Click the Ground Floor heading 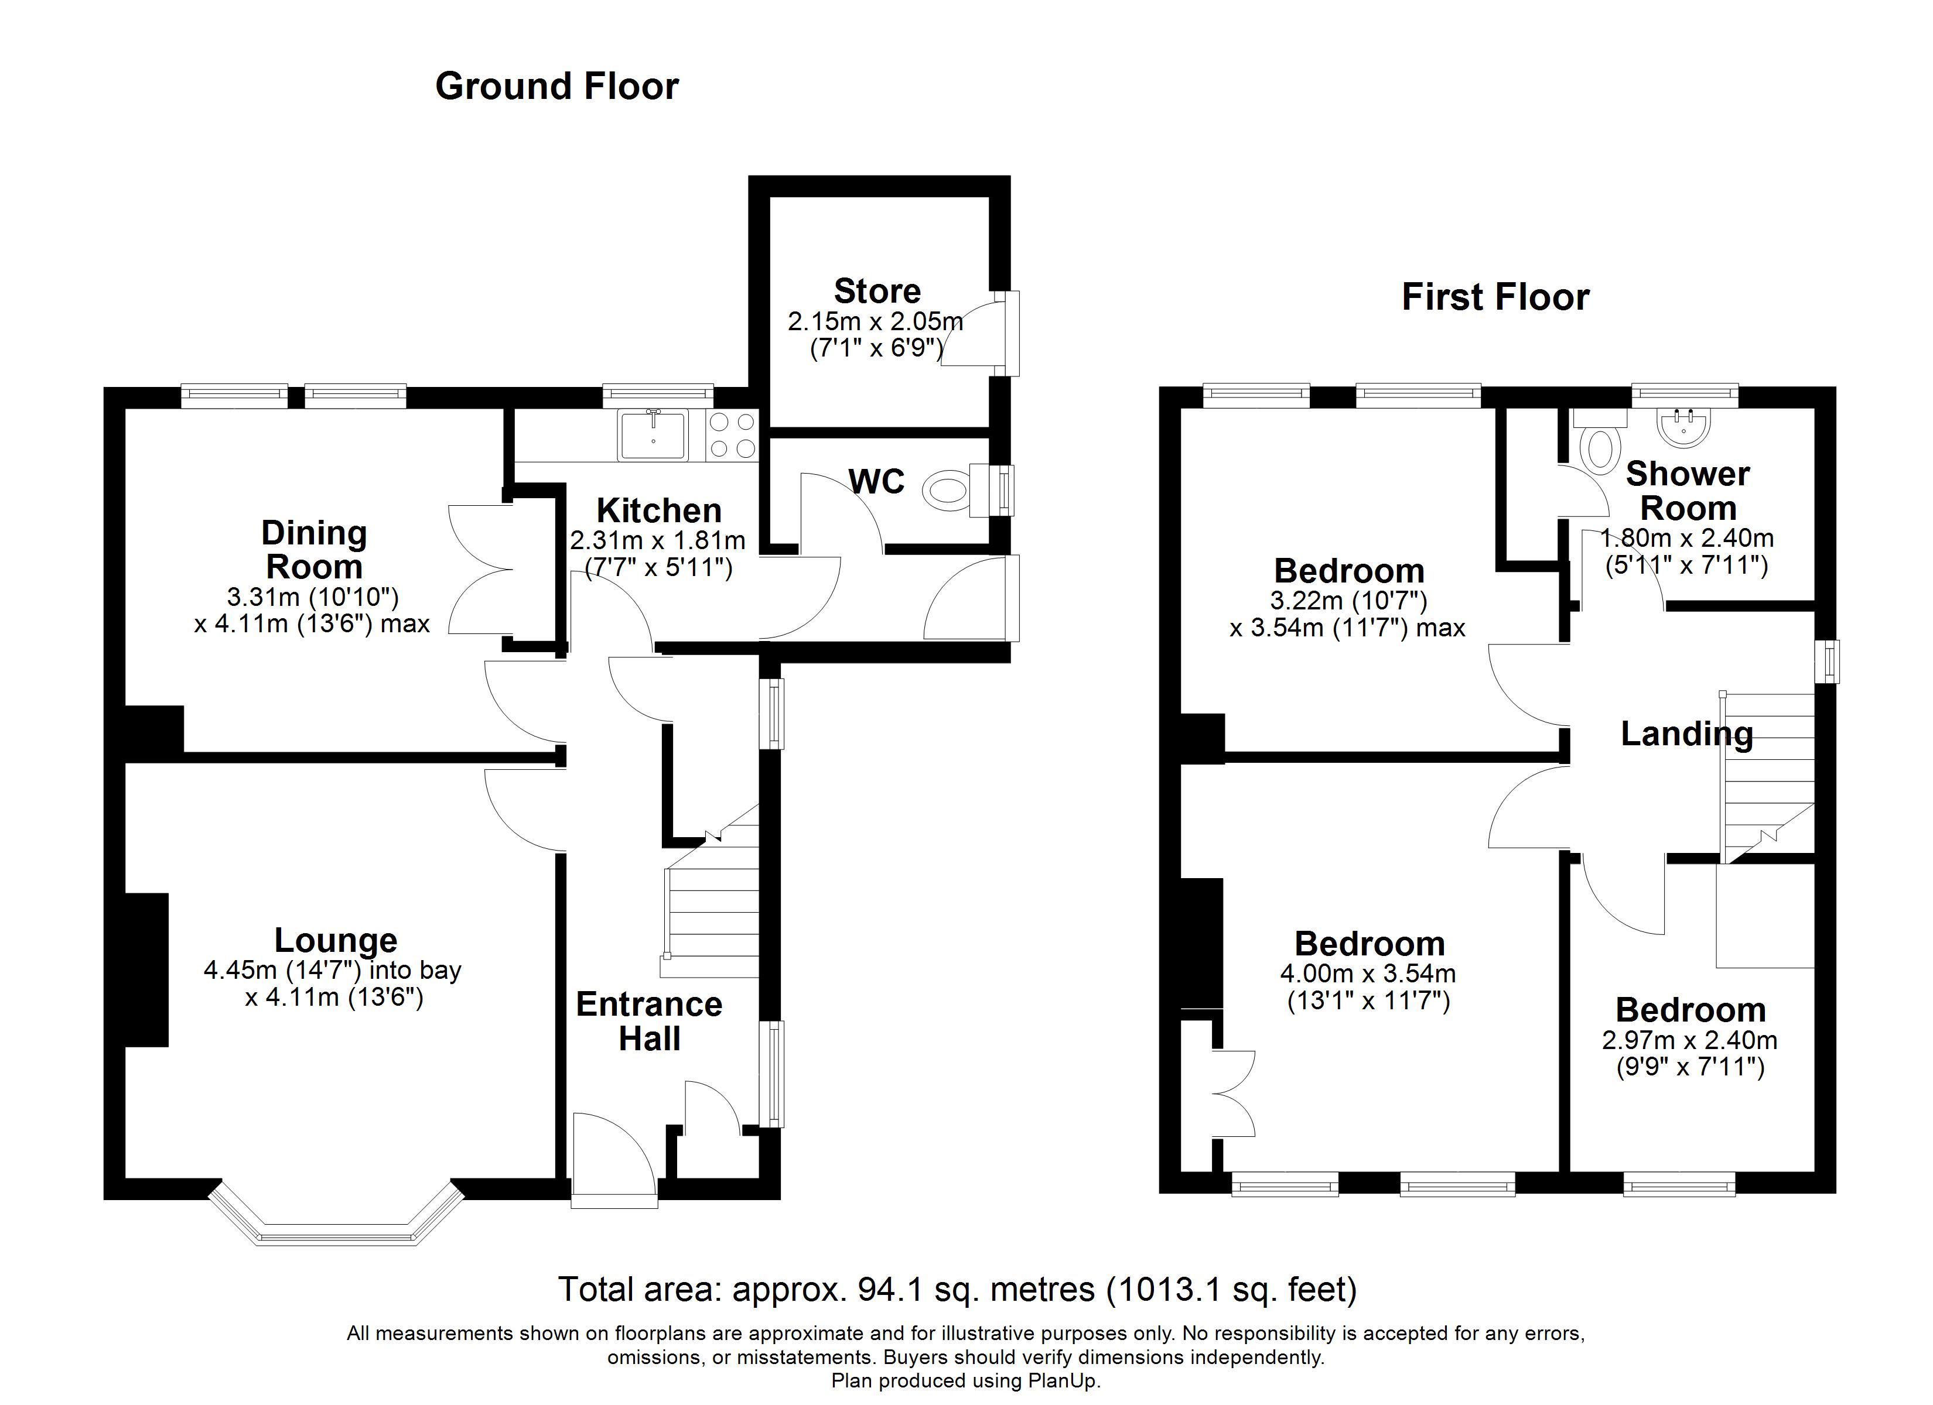click(556, 87)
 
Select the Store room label click(877, 292)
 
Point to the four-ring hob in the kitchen click(732, 436)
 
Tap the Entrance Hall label click(650, 1022)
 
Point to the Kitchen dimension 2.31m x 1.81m click(657, 540)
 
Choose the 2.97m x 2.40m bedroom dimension click(1690, 1040)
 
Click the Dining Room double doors click(480, 569)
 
